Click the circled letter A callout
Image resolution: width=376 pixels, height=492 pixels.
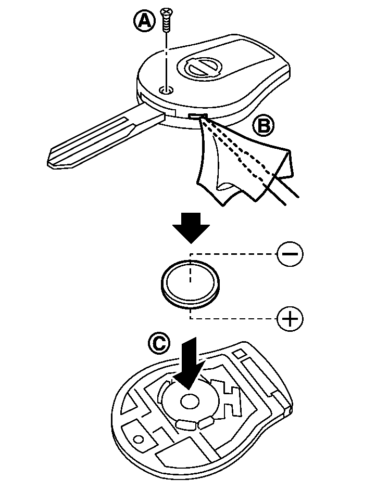point(145,21)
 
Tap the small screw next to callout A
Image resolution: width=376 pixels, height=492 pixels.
point(166,19)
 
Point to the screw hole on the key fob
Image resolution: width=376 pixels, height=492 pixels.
point(166,90)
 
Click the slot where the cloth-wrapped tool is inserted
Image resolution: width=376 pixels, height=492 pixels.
point(198,117)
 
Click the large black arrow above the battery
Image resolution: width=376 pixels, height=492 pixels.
point(191,227)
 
